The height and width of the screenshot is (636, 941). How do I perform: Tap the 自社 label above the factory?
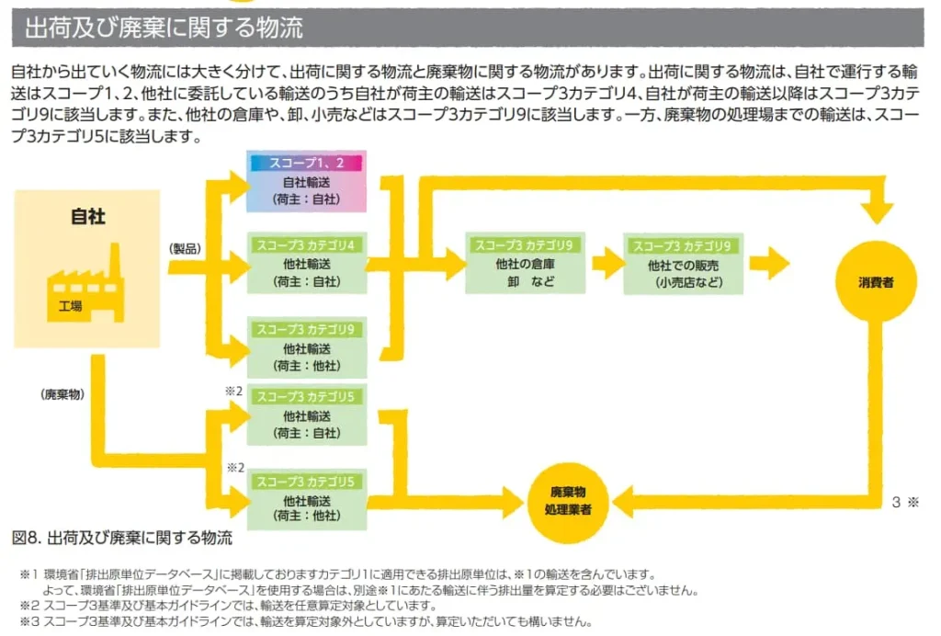click(88, 218)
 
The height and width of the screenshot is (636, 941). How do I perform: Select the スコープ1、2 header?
click(307, 163)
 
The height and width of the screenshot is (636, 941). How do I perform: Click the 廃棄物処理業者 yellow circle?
click(566, 500)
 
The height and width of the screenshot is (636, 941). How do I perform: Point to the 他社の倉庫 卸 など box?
click(525, 272)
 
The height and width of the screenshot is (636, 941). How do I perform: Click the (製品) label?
click(185, 248)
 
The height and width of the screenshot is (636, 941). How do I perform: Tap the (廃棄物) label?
click(62, 392)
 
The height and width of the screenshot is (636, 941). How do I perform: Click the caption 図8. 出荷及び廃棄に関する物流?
click(122, 537)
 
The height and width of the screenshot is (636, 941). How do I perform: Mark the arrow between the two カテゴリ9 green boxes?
click(607, 266)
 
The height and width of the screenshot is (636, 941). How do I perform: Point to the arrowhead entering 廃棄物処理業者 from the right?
click(625, 501)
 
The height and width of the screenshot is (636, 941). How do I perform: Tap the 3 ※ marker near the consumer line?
click(905, 503)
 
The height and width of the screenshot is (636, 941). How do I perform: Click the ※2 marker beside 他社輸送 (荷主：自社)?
click(233, 391)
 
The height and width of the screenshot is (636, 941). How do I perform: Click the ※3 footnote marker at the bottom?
click(28, 620)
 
